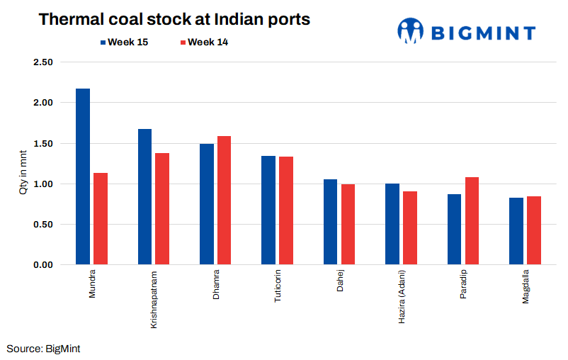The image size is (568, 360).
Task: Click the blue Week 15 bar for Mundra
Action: (83, 176)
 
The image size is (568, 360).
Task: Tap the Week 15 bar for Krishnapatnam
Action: (144, 197)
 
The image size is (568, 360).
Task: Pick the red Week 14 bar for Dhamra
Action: (224, 201)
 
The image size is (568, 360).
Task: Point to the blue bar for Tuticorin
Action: (268, 210)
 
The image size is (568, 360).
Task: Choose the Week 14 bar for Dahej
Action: (348, 225)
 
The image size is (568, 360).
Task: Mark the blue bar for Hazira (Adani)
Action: (392, 224)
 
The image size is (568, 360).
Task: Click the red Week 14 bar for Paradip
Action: (472, 221)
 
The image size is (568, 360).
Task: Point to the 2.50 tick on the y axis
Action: (44, 62)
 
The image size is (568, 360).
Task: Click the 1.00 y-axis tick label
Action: (44, 184)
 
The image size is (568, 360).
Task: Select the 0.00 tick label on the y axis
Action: (44, 265)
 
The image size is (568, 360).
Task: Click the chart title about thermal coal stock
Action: (174, 19)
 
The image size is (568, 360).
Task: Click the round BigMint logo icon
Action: (410, 30)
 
